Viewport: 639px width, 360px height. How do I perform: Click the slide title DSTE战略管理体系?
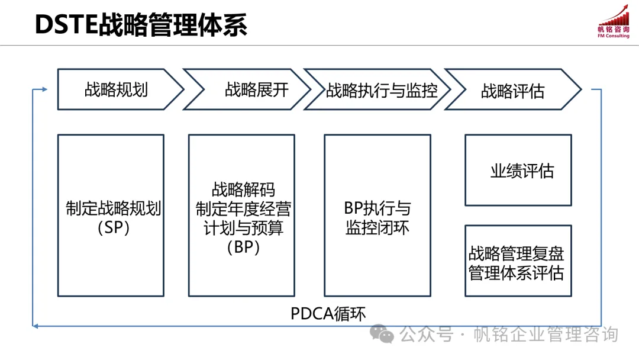[141, 24]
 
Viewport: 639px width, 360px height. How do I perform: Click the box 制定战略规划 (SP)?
[111, 216]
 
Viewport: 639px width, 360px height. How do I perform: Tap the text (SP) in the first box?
[114, 228]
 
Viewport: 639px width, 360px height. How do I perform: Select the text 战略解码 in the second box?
[243, 190]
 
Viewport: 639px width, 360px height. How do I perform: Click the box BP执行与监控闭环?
[377, 216]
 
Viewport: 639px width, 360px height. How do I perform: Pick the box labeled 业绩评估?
[518, 171]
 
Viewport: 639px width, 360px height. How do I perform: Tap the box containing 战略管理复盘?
[518, 261]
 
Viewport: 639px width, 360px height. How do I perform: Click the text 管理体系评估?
[517, 273]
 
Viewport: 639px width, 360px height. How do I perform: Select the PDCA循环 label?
[333, 313]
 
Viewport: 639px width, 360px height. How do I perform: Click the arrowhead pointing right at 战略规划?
[44, 90]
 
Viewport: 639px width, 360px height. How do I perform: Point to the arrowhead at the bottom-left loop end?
[35, 325]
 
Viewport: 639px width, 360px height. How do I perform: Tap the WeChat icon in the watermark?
[382, 335]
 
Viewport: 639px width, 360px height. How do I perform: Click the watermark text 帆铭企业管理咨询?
[546, 335]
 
